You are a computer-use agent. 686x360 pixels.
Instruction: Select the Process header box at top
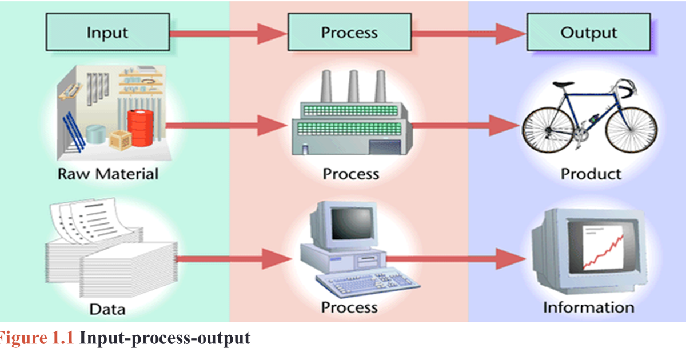pos(349,32)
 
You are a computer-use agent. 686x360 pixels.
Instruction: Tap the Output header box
pos(588,32)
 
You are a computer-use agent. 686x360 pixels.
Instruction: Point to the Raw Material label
pos(108,173)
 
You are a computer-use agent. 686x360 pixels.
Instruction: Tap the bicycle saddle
pos(564,84)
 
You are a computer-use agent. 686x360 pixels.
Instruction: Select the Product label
pos(590,173)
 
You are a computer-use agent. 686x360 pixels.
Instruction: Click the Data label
pos(107,309)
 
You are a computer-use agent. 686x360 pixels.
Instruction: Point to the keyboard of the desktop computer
pos(360,283)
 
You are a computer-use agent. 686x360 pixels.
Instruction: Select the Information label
pos(588,307)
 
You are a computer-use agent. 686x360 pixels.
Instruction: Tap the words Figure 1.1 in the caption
pos(35,338)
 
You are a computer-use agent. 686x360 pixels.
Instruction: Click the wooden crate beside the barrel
pos(121,139)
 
